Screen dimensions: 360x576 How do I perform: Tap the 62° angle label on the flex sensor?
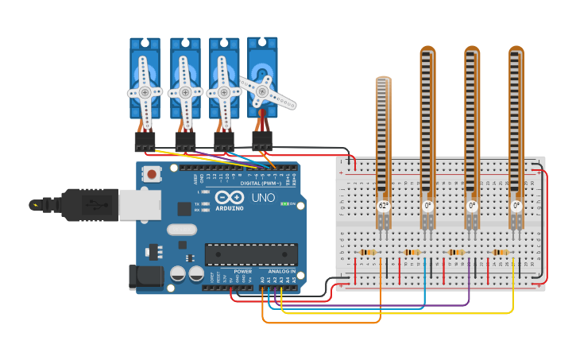383,205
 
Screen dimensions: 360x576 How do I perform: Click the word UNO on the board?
263,197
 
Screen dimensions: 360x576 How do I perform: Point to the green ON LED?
285,204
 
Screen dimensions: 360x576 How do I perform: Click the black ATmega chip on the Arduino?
251,254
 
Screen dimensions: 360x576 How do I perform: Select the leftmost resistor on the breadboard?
368,253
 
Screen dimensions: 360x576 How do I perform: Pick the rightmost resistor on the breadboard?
501,253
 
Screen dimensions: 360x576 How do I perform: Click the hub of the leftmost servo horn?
145,92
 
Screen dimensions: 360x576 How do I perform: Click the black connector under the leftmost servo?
145,141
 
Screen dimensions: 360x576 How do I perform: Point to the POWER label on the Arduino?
242,271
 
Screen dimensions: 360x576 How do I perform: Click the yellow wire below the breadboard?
397,313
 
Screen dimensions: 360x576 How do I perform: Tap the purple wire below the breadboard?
381,305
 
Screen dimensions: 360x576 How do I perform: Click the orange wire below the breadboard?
318,323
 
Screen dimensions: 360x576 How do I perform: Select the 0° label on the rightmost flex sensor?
516,205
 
